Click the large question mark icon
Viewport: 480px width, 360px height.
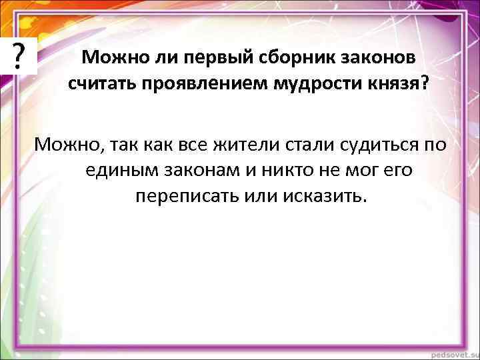21,52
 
